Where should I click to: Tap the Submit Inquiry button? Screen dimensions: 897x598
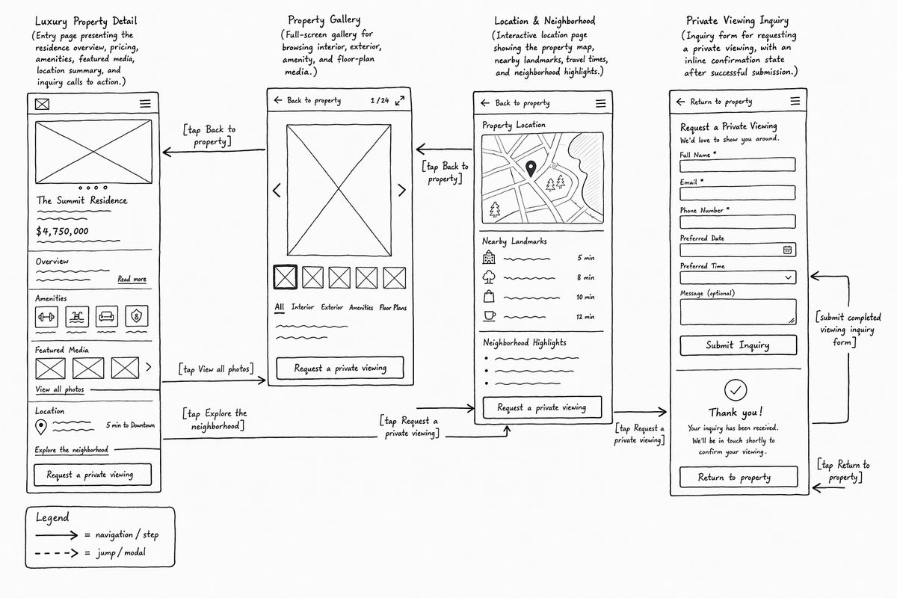click(738, 345)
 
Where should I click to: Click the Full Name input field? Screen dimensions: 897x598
click(737, 164)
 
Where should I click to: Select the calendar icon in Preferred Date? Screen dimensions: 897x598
click(787, 250)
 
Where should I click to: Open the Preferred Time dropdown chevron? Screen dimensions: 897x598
click(788, 277)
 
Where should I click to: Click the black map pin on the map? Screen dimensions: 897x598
click(531, 169)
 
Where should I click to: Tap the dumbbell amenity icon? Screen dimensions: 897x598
click(46, 317)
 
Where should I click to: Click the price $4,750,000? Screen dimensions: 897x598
click(62, 231)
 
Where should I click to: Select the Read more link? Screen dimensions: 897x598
click(132, 279)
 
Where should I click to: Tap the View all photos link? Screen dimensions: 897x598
click(60, 389)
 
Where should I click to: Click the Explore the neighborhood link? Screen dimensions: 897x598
click(71, 450)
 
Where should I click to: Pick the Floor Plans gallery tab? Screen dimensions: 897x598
click(393, 308)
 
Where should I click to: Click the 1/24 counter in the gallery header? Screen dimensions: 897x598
click(380, 100)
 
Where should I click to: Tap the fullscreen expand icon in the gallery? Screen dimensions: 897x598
click(400, 100)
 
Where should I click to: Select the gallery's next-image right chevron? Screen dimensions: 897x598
click(401, 191)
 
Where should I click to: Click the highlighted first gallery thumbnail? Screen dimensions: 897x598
click(285, 277)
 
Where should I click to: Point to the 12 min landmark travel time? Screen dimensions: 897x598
click(585, 317)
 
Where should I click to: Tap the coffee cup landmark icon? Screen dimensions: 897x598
click(490, 316)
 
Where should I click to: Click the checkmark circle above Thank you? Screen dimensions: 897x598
click(736, 390)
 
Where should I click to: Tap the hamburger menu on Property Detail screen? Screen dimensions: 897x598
click(145, 104)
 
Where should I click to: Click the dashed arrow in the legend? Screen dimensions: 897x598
click(57, 554)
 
